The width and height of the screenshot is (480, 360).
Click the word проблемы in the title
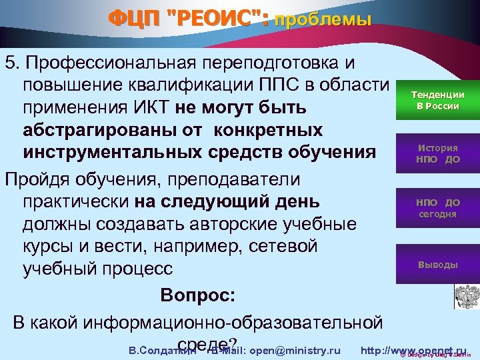[323, 20]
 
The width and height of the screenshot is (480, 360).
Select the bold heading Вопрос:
[197, 294]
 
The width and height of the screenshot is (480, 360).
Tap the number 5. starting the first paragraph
[11, 63]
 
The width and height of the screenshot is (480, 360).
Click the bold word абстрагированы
[91, 129]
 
